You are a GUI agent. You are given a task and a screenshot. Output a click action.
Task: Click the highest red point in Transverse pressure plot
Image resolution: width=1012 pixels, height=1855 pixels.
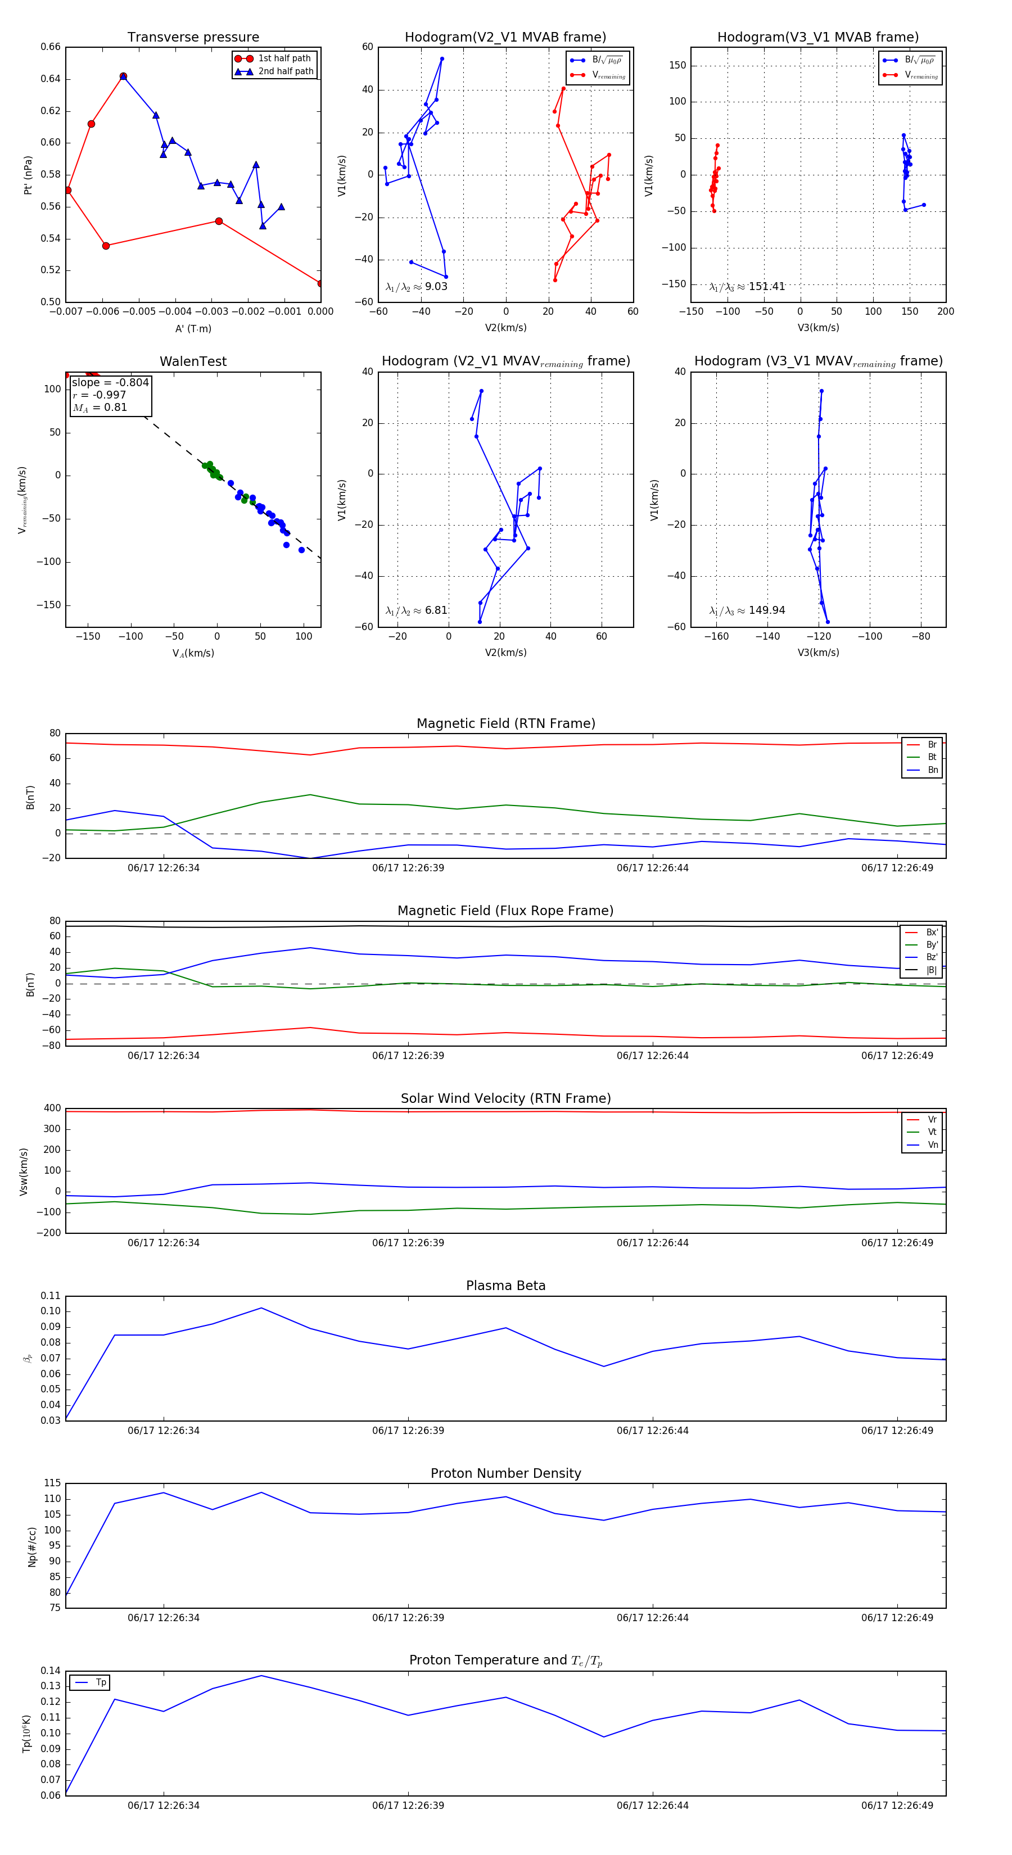pyautogui.click(x=123, y=76)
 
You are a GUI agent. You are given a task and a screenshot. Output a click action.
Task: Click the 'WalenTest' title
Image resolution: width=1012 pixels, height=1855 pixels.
pyautogui.click(x=193, y=361)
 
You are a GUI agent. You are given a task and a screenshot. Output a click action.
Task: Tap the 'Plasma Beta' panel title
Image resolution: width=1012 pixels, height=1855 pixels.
pyautogui.click(x=505, y=1286)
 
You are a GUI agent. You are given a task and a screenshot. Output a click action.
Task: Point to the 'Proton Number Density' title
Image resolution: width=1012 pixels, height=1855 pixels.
pyautogui.click(x=505, y=1473)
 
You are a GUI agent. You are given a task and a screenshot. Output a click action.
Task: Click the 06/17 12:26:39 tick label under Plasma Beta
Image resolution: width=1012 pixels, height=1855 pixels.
pyautogui.click(x=408, y=1431)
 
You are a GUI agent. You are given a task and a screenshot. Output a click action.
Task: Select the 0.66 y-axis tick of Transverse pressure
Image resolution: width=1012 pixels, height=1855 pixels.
pyautogui.click(x=51, y=47)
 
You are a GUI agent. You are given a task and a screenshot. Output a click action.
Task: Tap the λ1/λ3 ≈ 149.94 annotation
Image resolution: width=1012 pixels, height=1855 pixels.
pyautogui.click(x=747, y=610)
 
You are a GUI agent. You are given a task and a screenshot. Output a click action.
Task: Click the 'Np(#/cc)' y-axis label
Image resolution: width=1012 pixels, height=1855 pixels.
pyautogui.click(x=31, y=1547)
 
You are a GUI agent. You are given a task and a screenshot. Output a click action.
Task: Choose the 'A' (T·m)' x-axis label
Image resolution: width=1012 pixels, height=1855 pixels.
pyautogui.click(x=193, y=329)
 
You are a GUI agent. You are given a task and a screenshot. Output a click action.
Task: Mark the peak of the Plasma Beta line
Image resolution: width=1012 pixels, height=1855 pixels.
pyautogui.click(x=261, y=1307)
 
